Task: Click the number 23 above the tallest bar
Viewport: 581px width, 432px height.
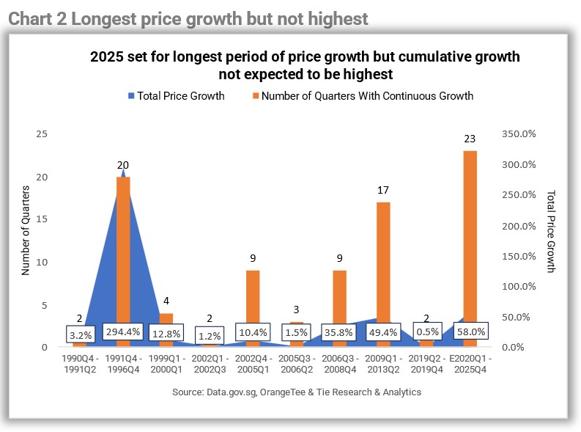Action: click(x=470, y=139)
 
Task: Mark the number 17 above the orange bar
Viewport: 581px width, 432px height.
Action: click(x=383, y=190)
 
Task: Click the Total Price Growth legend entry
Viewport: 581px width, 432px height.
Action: click(x=176, y=95)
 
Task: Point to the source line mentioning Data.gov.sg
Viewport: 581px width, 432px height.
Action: click(x=297, y=392)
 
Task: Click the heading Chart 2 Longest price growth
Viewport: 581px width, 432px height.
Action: click(x=188, y=19)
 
